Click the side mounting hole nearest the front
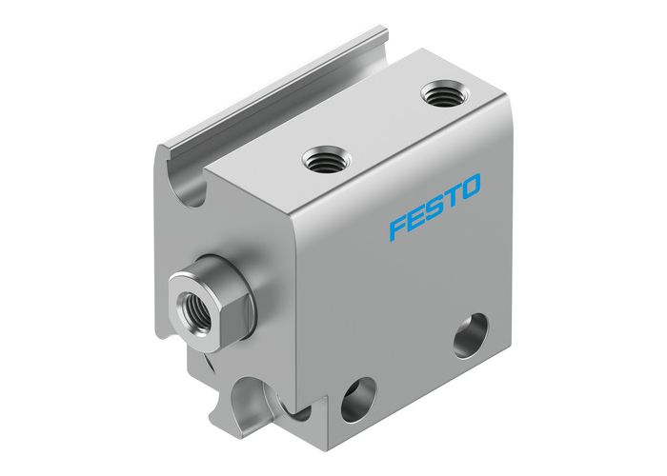point(358,392)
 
